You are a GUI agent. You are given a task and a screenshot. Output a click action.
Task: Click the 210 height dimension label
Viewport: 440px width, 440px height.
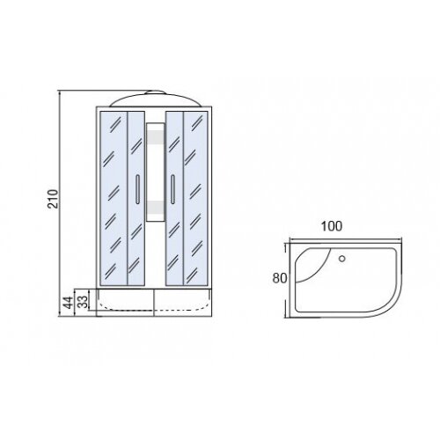pos(53,199)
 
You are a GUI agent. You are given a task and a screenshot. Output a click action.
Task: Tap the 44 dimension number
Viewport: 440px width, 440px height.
pos(69,303)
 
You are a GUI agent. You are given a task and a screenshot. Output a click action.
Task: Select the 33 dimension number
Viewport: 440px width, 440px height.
pos(84,302)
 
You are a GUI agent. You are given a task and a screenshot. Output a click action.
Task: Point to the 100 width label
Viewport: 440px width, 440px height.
pos(332,226)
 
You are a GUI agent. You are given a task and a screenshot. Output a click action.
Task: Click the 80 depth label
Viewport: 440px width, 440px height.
pos(279,278)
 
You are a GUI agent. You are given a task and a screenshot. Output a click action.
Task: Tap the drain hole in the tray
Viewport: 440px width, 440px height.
pos(342,259)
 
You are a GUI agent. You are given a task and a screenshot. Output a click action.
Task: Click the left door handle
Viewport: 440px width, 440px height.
pos(137,189)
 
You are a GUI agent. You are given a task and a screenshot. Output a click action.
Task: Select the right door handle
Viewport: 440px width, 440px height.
pos(172,189)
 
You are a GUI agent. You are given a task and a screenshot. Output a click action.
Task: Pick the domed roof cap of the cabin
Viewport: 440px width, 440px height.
pos(155,99)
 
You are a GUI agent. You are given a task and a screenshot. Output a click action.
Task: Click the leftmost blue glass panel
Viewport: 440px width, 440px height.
pos(114,198)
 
